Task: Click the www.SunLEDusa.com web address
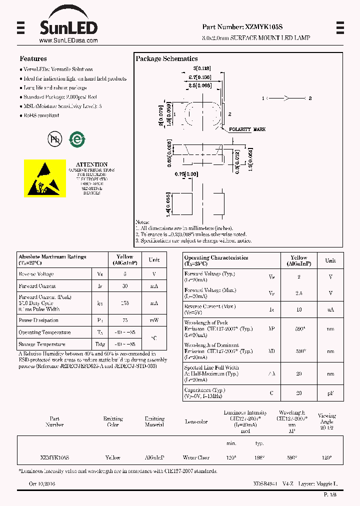pyautogui.click(x=68, y=40)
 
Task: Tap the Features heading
pyautogui.click(x=33, y=59)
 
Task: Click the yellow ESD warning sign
pyautogui.click(x=45, y=178)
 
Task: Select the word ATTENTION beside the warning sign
pyautogui.click(x=91, y=164)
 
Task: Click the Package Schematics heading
pyautogui.click(x=166, y=59)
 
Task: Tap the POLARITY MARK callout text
pyautogui.click(x=247, y=129)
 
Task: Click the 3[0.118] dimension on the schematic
pyautogui.click(x=202, y=68)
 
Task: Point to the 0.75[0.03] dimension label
pyautogui.click(x=186, y=174)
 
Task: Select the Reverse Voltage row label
pyautogui.click(x=36, y=274)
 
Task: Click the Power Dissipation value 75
pyautogui.click(x=125, y=320)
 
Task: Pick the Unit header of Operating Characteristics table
pyautogui.click(x=330, y=260)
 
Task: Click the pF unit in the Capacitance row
pyautogui.click(x=330, y=393)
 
